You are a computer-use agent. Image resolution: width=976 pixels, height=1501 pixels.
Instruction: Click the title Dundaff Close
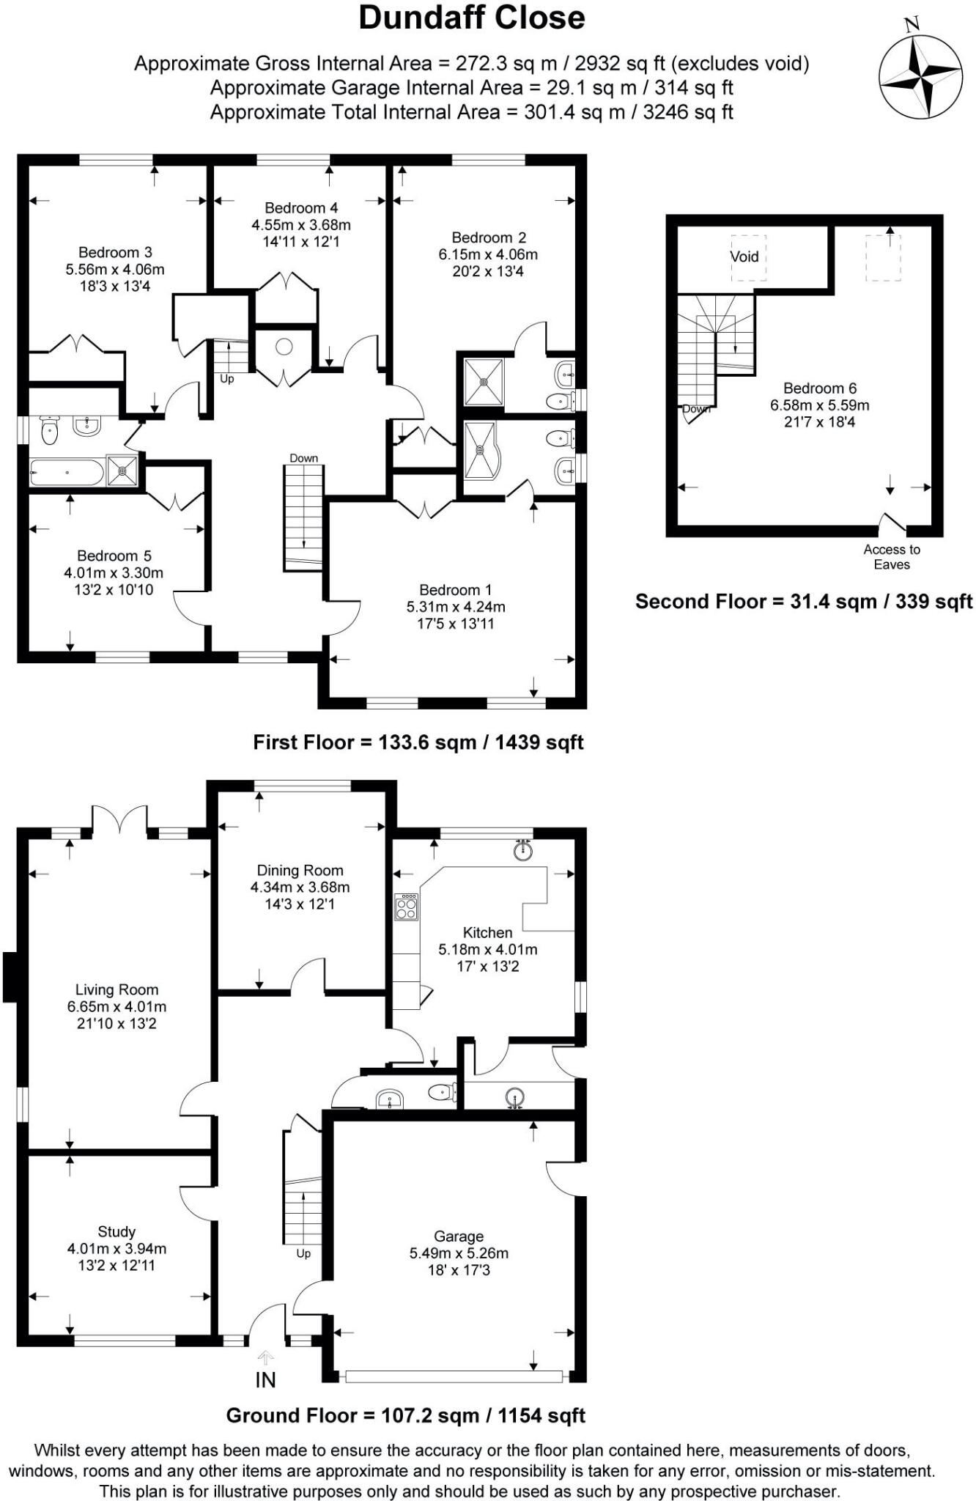pos(472,18)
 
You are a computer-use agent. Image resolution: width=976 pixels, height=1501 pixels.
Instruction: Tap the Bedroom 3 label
pos(115,253)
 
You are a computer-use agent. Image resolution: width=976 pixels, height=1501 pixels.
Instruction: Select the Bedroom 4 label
pos(301,208)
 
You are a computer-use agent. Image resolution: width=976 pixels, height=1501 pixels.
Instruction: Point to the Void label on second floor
pos(744,257)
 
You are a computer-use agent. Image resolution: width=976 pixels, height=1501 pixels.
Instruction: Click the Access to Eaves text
pos(891,557)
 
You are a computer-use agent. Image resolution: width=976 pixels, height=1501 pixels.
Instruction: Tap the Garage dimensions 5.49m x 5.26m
pos(459,1253)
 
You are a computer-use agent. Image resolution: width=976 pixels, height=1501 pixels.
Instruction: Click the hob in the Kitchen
pos(406,907)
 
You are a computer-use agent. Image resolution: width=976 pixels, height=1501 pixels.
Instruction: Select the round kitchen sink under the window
pos(523,851)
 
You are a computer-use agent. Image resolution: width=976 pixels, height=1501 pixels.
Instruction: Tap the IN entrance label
pos(265,1380)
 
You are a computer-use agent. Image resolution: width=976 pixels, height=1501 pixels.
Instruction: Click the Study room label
pos(117,1232)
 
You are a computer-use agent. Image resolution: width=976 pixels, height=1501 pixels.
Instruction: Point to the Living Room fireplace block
pos(10,976)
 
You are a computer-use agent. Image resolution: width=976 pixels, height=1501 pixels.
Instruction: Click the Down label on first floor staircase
pos(303,458)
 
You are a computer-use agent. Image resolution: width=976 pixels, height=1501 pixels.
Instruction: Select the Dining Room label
pos(300,871)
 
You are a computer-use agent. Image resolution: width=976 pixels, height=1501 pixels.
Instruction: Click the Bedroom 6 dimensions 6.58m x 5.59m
pos(819,405)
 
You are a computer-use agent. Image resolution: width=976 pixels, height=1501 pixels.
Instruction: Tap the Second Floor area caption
pos(803,602)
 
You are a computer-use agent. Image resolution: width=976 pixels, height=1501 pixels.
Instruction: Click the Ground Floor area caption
pos(405,1415)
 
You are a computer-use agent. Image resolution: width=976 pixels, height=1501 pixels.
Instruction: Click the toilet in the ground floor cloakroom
pos(443,1093)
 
